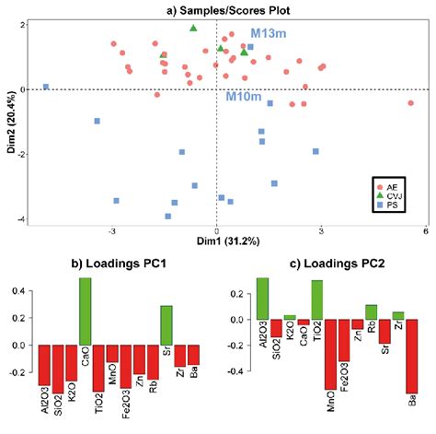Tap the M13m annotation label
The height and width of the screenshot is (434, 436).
(251, 34)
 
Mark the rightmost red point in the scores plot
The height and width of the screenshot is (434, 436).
(410, 103)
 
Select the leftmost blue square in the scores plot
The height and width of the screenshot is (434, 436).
(46, 88)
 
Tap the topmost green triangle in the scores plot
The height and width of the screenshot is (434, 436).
(193, 29)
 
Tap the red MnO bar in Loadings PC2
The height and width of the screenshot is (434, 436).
(330, 354)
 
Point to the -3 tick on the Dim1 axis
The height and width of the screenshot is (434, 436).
(113, 229)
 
